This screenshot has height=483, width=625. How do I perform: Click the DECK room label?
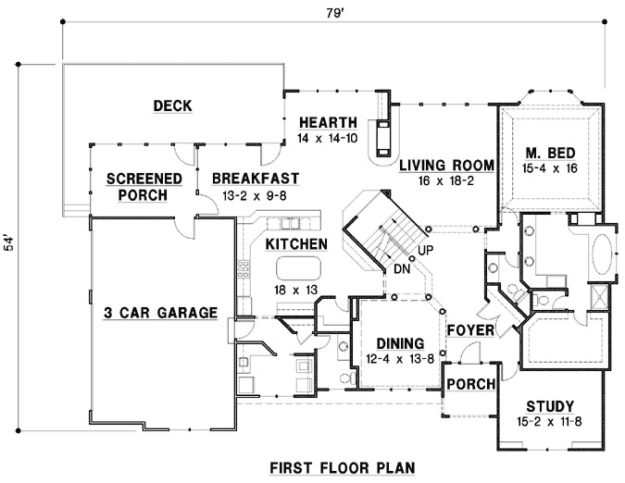click(x=173, y=106)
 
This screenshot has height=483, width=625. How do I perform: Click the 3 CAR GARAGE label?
click(x=160, y=312)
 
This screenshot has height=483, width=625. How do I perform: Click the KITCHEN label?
click(x=296, y=244)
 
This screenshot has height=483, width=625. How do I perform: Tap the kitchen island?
click(x=296, y=268)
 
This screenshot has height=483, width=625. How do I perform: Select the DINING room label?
click(x=400, y=341)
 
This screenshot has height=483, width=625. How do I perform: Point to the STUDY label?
click(x=550, y=406)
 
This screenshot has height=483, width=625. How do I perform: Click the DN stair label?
click(x=402, y=269)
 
